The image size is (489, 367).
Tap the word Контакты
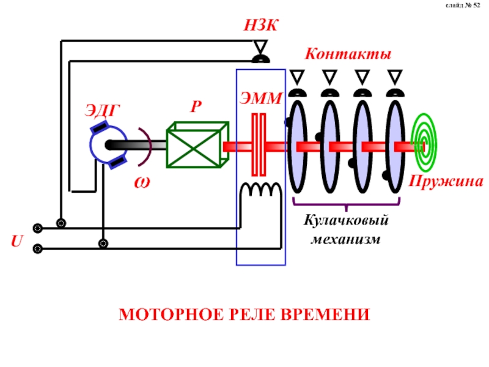348,54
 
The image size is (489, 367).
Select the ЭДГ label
102,110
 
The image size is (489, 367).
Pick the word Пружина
446,182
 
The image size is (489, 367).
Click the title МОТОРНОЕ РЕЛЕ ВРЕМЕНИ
244,315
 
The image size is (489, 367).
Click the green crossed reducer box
197,145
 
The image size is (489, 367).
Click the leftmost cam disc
297,146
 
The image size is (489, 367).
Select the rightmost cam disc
395,146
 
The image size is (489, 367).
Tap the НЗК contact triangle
261,47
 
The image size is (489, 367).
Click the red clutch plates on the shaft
260,146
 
